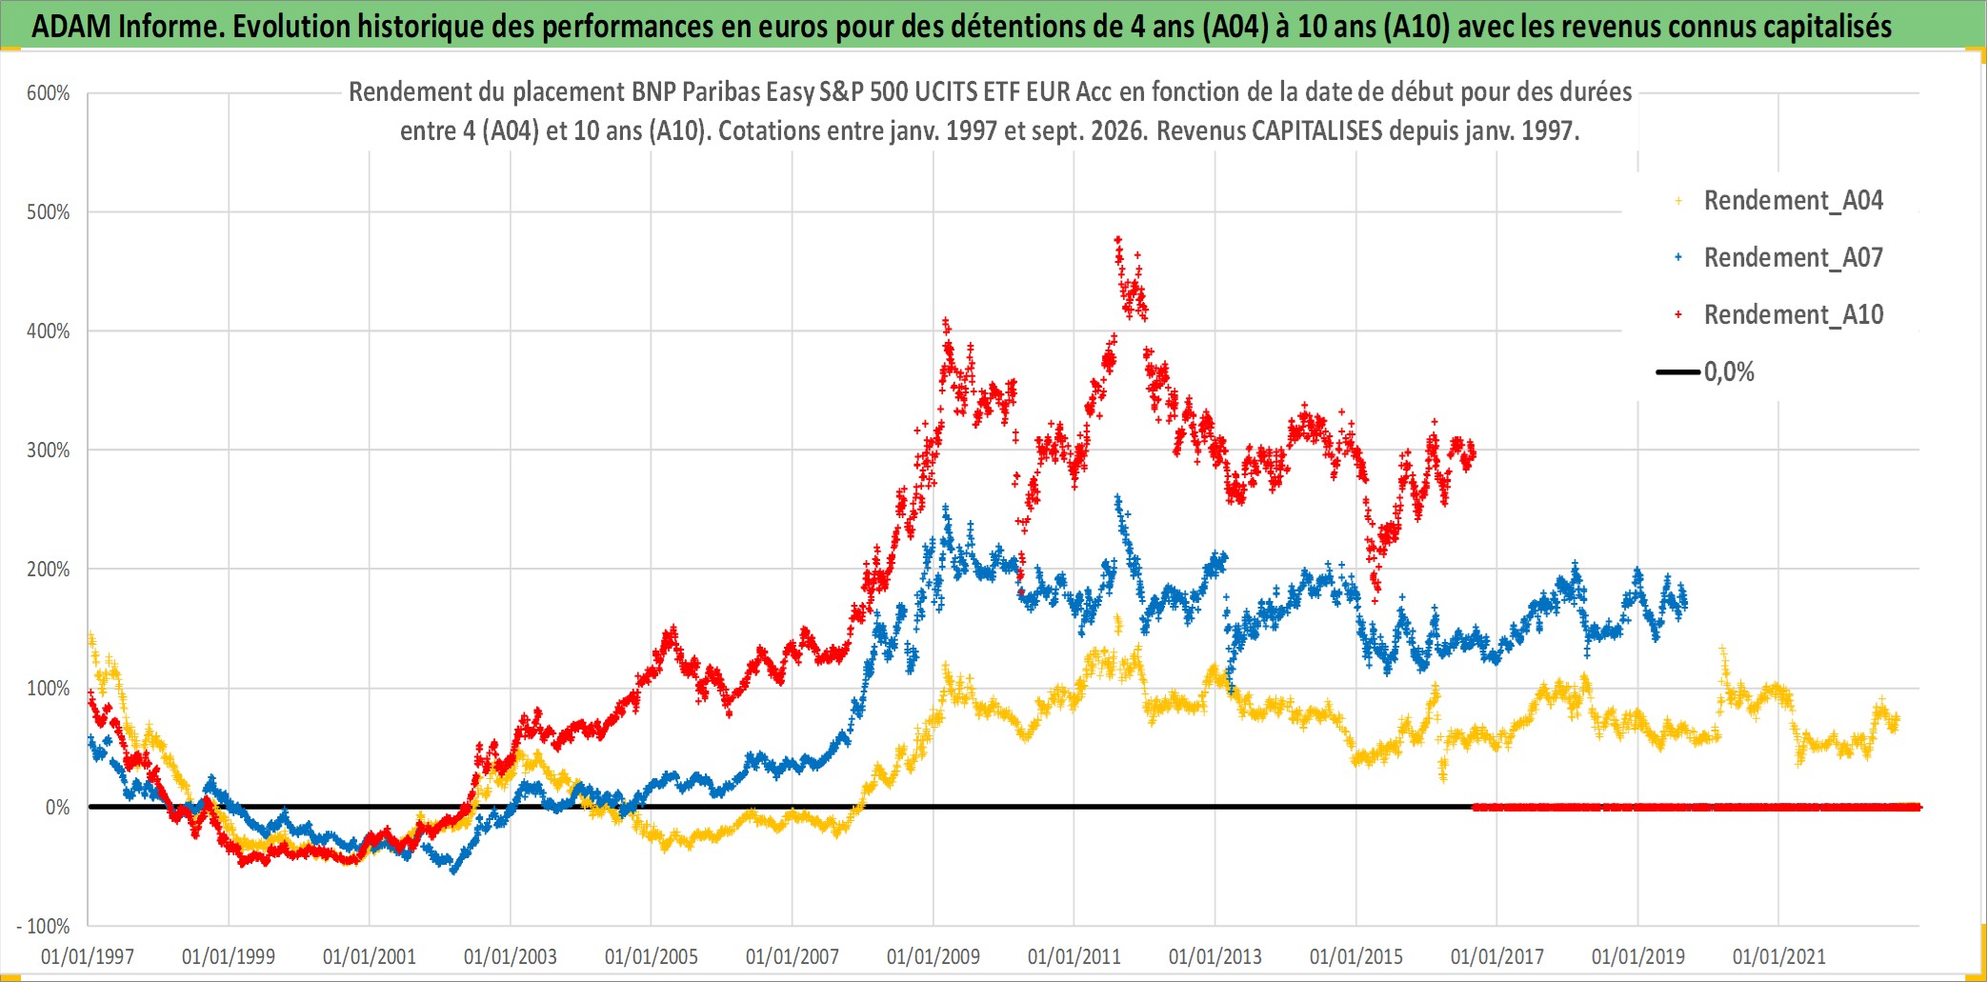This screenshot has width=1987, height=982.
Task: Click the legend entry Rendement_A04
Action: (x=1793, y=200)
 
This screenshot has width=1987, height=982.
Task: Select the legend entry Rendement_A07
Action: (x=1793, y=257)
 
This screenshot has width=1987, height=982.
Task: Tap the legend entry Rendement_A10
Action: (x=1793, y=314)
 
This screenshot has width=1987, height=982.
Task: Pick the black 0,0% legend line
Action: (x=1678, y=371)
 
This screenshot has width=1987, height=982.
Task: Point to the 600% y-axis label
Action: (x=49, y=93)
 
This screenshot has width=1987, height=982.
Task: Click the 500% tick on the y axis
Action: (x=49, y=212)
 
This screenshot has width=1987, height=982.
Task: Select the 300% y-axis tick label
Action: (x=49, y=451)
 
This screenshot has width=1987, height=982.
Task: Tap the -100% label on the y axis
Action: (x=44, y=926)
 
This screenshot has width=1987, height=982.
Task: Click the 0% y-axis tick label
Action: (x=58, y=808)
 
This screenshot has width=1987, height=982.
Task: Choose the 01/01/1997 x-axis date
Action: (x=88, y=956)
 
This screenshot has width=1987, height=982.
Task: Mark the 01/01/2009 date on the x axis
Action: (x=933, y=956)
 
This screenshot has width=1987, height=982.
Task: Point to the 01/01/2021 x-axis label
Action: (x=1779, y=956)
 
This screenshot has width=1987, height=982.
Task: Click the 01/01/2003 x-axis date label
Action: (x=511, y=956)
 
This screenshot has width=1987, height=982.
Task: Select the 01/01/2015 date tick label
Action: (x=1356, y=956)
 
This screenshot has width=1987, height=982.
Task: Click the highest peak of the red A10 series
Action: (x=1118, y=239)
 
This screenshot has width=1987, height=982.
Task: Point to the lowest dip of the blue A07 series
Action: (x=453, y=870)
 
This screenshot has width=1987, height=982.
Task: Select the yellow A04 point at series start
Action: (x=90, y=634)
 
